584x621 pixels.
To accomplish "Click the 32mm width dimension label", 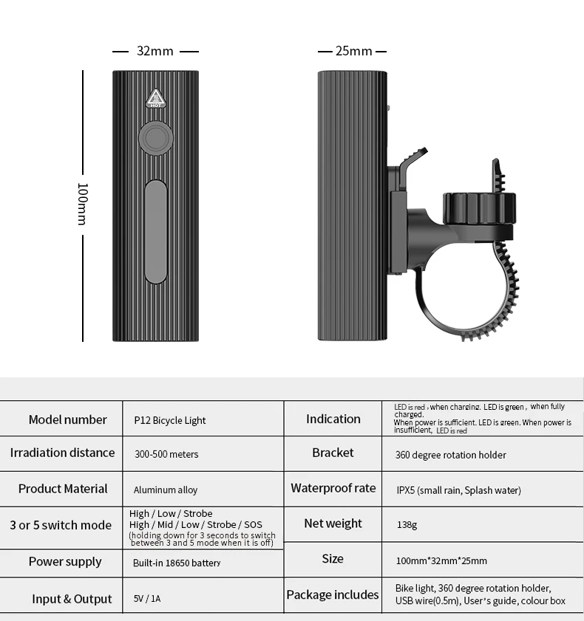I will (x=155, y=51).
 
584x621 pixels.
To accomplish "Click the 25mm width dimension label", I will (x=353, y=51).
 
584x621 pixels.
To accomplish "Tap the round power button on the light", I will (x=155, y=140).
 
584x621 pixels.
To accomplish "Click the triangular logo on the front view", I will (x=155, y=100).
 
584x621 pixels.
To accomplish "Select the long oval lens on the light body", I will (x=155, y=231).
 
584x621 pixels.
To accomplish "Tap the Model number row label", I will (x=68, y=419).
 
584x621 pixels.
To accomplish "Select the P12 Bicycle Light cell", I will (x=170, y=420).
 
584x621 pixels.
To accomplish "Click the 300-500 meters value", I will (x=166, y=454).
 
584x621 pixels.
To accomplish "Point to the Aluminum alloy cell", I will (x=166, y=490).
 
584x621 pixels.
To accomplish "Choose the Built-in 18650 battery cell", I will (x=177, y=563).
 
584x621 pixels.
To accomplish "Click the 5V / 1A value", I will (x=147, y=599).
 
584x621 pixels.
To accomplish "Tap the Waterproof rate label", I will (x=333, y=488).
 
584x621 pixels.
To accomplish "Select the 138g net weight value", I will (x=407, y=525).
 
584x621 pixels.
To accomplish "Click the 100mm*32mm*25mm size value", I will (x=441, y=560).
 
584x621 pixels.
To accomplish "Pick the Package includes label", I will (x=333, y=595).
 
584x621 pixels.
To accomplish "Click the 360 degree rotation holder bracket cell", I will (x=451, y=455).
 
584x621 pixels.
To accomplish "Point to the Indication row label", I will (x=333, y=419).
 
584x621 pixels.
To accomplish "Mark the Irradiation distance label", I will (x=63, y=453).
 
